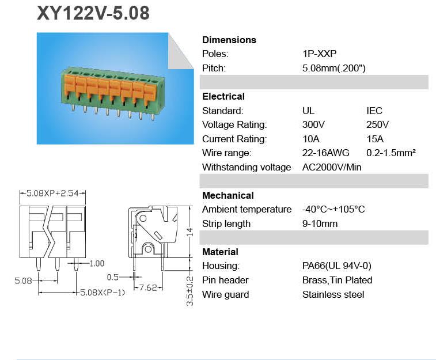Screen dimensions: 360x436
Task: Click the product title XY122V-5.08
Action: pos(93,13)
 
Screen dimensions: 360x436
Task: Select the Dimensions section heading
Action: pos(229,40)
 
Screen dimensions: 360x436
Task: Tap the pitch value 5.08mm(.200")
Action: pos(333,68)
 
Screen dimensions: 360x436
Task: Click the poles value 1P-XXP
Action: pos(319,54)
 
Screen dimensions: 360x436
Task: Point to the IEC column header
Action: pos(374,111)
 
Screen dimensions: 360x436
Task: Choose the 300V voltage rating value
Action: pos(313,124)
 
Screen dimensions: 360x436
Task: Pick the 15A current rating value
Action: pos(374,139)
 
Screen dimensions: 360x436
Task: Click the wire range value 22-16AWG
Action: pos(325,153)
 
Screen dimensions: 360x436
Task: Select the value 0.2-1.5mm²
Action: pos(391,153)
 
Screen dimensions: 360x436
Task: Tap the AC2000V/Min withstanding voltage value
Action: pos(332,167)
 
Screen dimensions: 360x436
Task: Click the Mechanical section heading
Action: pos(228,195)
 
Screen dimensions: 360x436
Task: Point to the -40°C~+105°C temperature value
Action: pos(333,209)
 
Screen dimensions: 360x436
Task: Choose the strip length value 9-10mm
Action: pos(320,223)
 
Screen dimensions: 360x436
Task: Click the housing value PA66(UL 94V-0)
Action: pos(336,266)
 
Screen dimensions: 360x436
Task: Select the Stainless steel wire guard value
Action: pos(333,294)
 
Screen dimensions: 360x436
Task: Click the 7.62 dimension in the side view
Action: pos(148,287)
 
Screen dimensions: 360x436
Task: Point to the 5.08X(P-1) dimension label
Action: pos(102,293)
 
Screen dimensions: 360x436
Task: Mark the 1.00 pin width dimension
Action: pos(96,263)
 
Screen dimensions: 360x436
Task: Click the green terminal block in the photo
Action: pos(110,89)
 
